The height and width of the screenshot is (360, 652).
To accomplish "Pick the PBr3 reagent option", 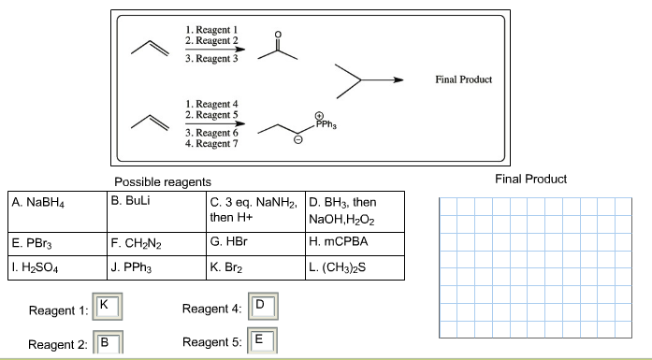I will pos(54,246).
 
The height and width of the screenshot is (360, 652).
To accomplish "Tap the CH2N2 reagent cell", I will pos(155,246).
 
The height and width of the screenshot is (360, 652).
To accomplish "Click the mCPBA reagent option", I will pos(354,246).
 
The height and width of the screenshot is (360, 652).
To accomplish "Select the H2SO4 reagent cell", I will pos(54,268).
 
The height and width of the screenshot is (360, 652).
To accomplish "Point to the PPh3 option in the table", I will pos(155,268).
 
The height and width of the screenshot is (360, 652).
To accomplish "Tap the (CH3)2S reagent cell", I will pos(354,268).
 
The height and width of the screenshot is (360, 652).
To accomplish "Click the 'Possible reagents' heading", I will pos(162,180).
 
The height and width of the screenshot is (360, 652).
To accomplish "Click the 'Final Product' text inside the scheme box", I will pos(463,79).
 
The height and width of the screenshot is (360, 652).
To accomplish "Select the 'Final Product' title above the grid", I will pos(530,179).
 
